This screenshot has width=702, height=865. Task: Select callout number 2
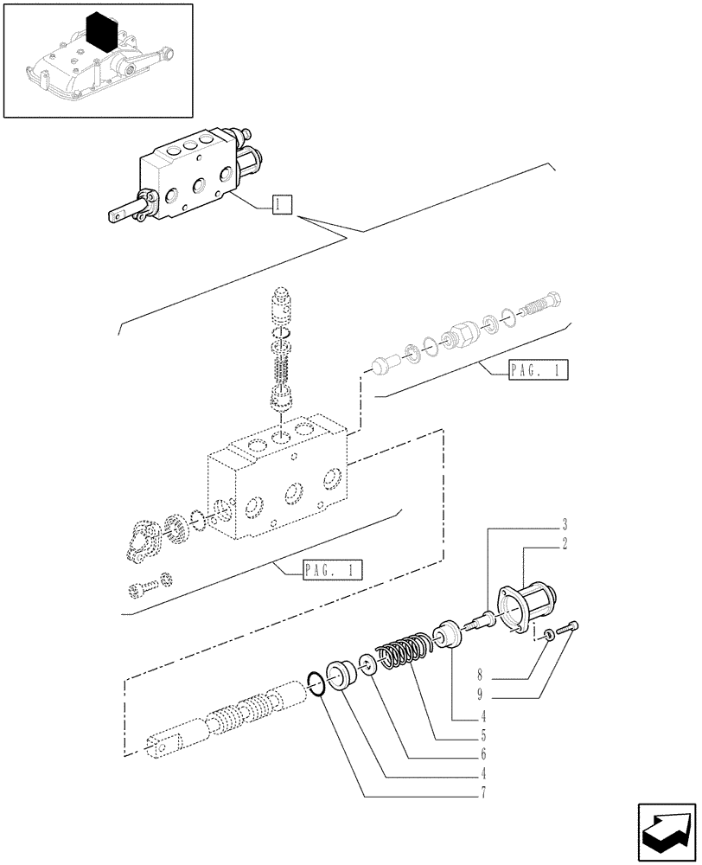click(563, 544)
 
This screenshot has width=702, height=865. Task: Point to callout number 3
click(563, 524)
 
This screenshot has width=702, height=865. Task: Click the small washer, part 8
click(550, 637)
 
